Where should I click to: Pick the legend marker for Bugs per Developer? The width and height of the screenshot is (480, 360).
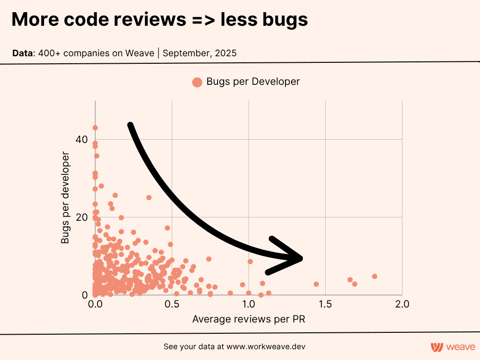coord(197,82)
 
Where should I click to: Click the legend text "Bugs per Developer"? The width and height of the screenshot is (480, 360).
coord(253,82)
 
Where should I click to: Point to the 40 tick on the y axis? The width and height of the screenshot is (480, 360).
coord(82,139)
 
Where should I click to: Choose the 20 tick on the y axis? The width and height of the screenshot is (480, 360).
coord(82,217)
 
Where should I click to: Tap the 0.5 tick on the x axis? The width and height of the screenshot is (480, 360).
coord(172,304)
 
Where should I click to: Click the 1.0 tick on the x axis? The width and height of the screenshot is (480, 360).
coord(248,304)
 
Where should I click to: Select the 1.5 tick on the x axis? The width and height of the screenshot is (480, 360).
coord(325,304)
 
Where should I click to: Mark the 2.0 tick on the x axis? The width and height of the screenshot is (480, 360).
coord(402,304)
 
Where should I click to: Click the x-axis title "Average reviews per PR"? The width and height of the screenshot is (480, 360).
coord(249,320)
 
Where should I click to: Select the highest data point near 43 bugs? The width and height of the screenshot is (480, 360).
coord(95,127)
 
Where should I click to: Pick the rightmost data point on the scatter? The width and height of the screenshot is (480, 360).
coord(375,277)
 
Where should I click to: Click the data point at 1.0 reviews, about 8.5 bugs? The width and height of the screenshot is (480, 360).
coord(250,262)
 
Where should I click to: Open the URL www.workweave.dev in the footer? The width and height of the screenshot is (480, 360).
coord(267,347)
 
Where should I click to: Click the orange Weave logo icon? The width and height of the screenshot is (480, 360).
coord(437,347)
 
